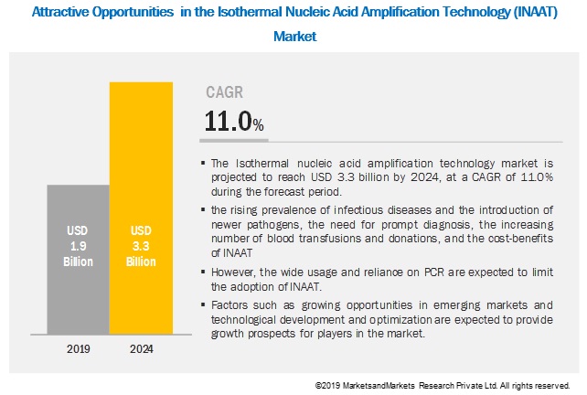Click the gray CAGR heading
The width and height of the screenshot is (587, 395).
tap(224, 91)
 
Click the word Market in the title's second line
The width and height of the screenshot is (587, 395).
tap(293, 37)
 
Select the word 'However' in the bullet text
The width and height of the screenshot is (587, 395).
tap(233, 272)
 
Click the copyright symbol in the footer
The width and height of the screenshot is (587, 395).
tap(317, 386)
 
